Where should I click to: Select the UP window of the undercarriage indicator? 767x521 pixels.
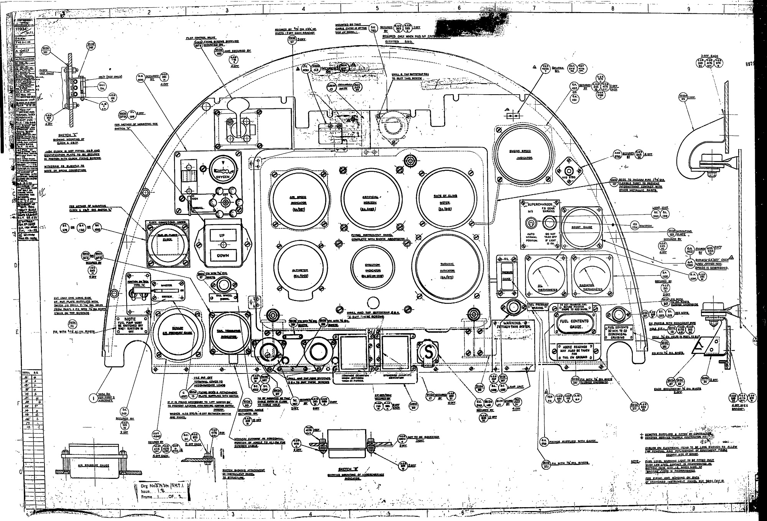tap(222, 235)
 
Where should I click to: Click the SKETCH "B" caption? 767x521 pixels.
tap(343, 469)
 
